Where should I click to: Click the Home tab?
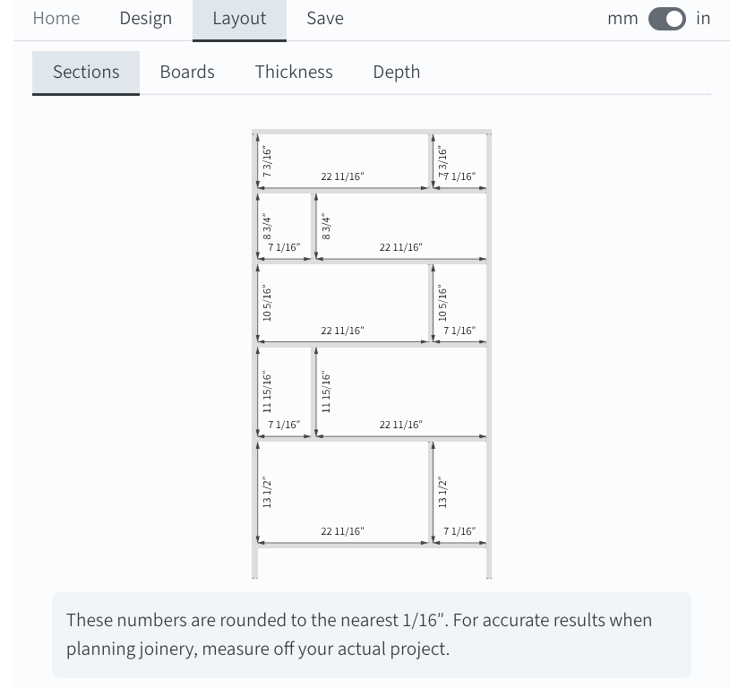[x=56, y=19]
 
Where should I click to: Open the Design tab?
[x=145, y=19]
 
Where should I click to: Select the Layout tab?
[x=239, y=20]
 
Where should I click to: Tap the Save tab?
[x=325, y=19]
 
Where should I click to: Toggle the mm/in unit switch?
[x=667, y=19]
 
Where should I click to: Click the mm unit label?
[x=622, y=19]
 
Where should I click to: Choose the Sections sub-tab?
[x=86, y=73]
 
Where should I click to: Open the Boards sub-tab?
[x=187, y=72]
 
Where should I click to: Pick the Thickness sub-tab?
[x=294, y=72]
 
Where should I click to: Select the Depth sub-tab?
[x=396, y=73]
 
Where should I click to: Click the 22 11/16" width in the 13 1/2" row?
[x=343, y=531]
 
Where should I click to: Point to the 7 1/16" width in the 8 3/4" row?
[x=284, y=247]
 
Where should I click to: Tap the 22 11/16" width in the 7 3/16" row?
[x=343, y=176]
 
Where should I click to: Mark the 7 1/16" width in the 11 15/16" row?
[x=284, y=425]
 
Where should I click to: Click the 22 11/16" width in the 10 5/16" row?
[x=343, y=331]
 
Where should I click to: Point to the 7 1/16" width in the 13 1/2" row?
[x=459, y=531]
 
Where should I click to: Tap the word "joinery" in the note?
[x=167, y=649]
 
